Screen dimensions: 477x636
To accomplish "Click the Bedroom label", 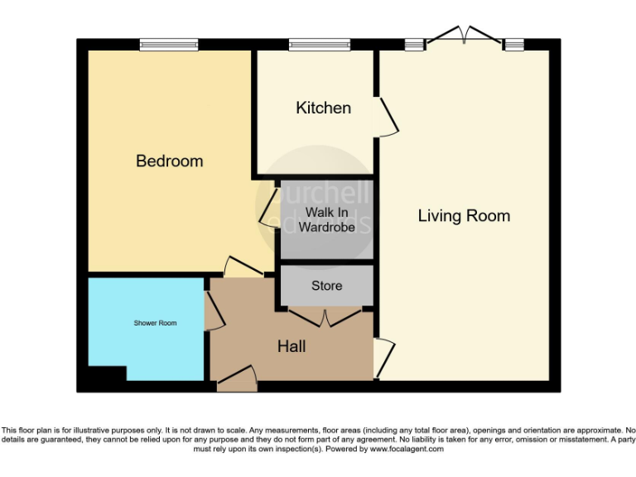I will [169, 161].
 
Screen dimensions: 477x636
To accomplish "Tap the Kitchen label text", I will [323, 108].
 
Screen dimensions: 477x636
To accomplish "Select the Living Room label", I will [464, 216].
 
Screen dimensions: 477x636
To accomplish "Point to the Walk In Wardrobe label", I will [326, 219].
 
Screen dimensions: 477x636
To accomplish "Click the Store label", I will [326, 286].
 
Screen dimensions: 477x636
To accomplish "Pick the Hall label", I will [291, 346].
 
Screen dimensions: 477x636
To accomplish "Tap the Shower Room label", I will [155, 322].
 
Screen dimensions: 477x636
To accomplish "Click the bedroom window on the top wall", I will [168, 45].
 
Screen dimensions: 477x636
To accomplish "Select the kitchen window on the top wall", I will [319, 45].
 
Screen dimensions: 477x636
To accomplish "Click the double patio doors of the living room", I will [465, 36].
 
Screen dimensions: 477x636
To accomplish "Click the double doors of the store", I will [325, 316].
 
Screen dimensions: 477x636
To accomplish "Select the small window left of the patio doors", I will [413, 45].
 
